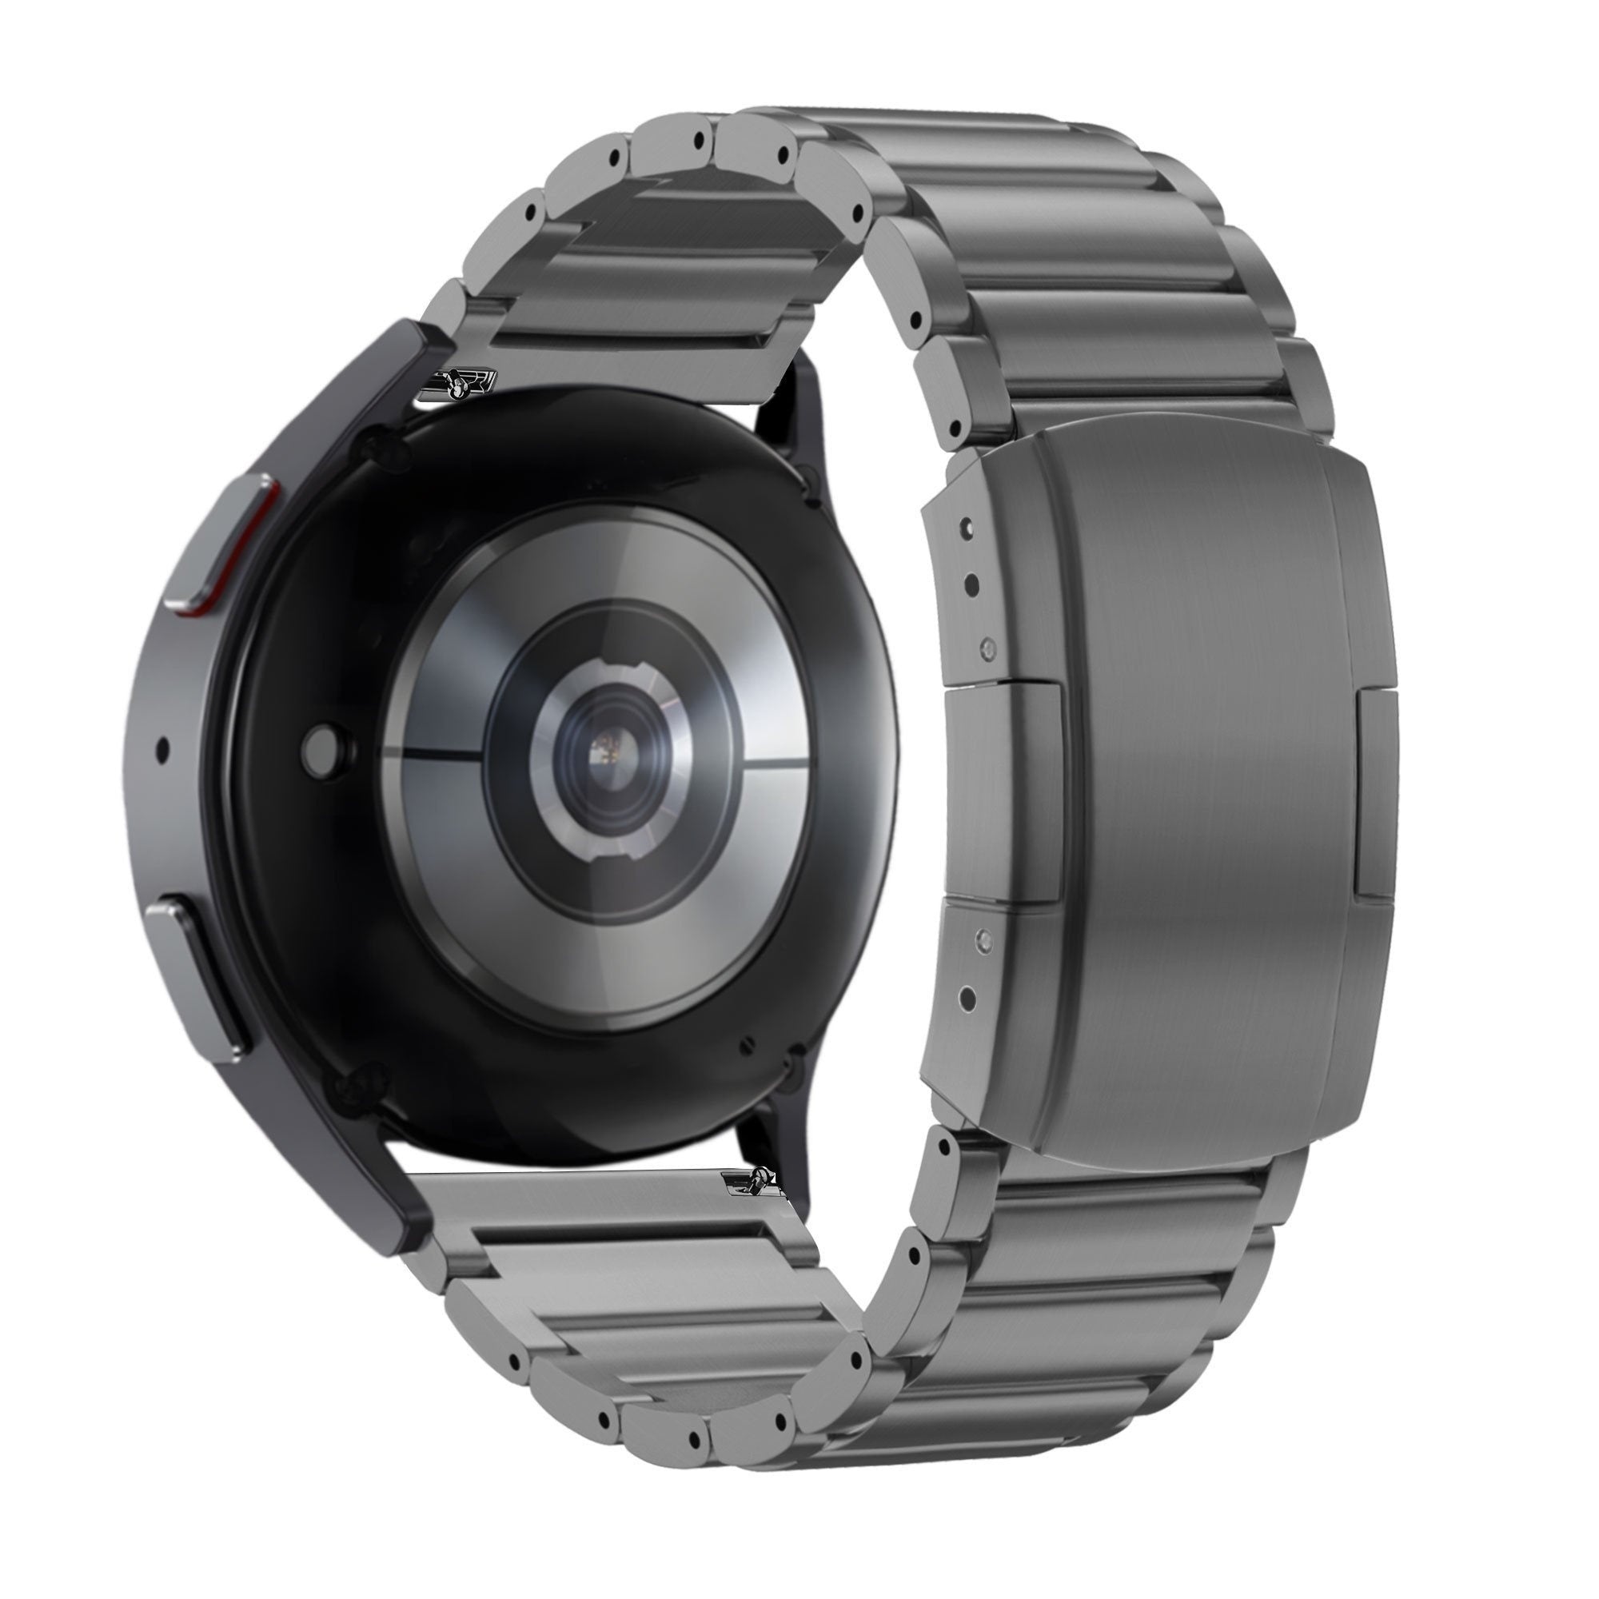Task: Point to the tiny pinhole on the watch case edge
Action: point(162,750)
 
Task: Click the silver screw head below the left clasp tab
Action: point(984,937)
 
